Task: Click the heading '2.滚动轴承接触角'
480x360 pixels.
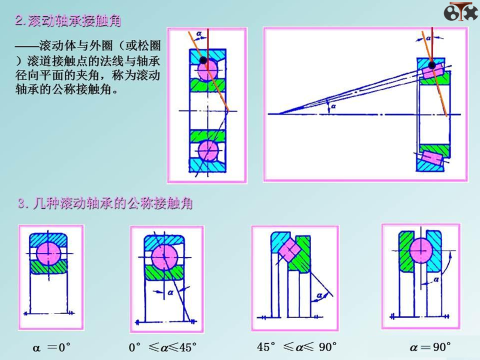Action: coord(68,20)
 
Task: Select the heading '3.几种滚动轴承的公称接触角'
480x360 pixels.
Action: coord(105,203)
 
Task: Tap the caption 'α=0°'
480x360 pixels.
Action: coord(51,347)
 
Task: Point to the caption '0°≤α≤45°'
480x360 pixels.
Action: coord(162,347)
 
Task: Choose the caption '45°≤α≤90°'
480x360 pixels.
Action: coord(296,347)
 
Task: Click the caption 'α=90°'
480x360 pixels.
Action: coord(430,347)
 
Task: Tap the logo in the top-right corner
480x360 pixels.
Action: coord(460,11)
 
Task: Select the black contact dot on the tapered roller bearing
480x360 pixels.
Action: coord(431,65)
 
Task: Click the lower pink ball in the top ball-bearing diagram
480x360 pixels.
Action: coord(208,150)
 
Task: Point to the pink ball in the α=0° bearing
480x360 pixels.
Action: coord(48,253)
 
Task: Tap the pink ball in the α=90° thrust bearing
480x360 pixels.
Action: coord(421,250)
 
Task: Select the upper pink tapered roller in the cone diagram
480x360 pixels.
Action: coord(433,71)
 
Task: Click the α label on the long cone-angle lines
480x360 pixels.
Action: coord(333,106)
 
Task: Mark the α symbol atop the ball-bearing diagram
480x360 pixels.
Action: coord(199,33)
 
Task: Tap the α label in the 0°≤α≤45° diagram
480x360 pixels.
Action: coord(170,292)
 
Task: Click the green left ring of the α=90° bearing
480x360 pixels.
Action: coord(406,251)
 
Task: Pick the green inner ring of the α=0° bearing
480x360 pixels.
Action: coord(48,267)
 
